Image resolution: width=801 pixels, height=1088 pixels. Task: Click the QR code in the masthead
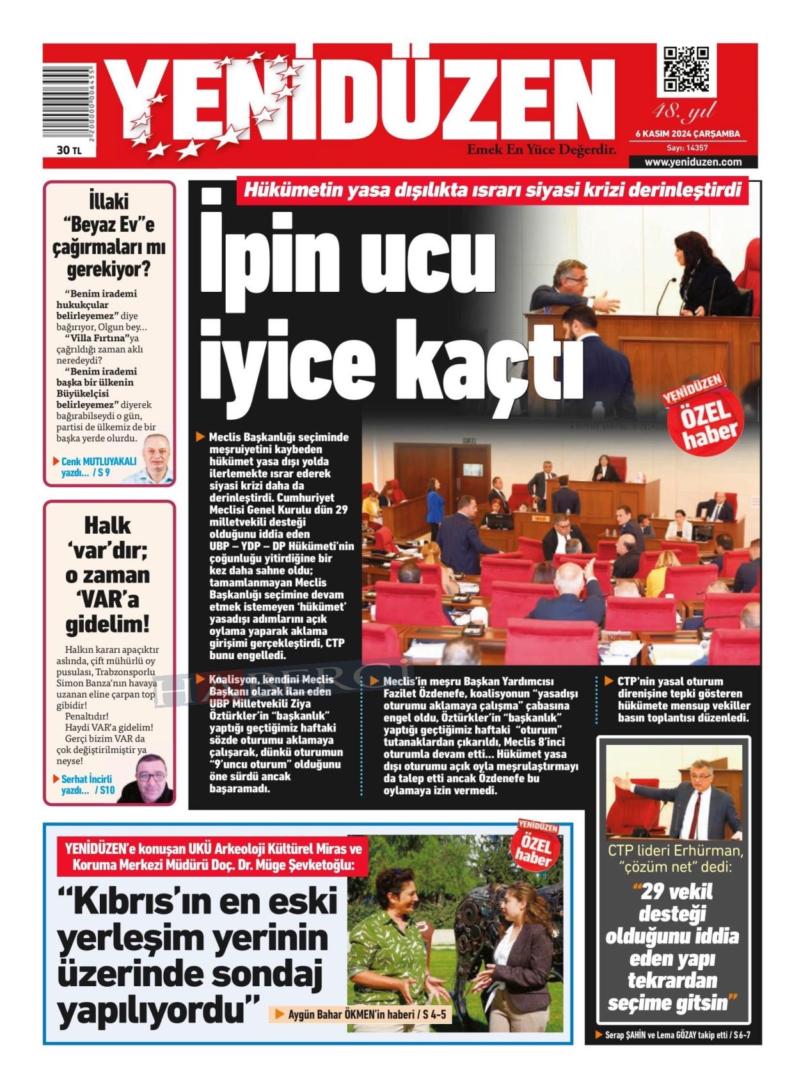tap(685, 69)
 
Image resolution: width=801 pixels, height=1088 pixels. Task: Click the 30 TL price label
tap(68, 150)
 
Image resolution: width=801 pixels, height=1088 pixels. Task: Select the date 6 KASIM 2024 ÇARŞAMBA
tap(687, 134)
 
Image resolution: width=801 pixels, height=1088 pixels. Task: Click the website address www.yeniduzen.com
tap(693, 162)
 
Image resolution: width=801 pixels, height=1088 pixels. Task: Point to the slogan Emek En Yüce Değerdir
tap(541, 150)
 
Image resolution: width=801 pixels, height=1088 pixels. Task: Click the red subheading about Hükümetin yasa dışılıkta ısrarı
tap(493, 190)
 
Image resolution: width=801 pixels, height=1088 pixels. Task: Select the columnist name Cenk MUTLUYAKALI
tap(99, 461)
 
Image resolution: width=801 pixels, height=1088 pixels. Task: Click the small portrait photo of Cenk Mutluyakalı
tap(157, 458)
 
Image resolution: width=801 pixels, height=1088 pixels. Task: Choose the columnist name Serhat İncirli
tap(86, 779)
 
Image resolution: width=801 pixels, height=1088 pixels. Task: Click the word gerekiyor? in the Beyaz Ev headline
tap(109, 269)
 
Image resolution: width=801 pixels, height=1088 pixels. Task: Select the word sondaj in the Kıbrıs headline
tap(275, 974)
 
